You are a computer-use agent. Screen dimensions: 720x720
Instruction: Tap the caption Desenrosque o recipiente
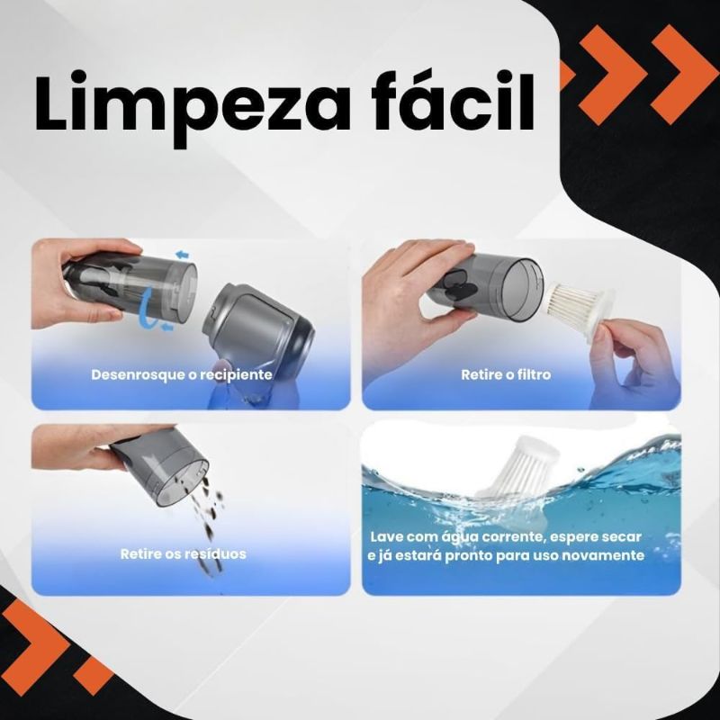[182, 374]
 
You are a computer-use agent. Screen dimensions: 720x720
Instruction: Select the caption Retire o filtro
[506, 374]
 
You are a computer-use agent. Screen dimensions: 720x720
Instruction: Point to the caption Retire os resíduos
[184, 553]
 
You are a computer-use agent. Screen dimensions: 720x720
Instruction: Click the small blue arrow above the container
[183, 254]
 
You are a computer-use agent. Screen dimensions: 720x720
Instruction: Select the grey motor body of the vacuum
[258, 332]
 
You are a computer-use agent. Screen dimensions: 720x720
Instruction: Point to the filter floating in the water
[517, 468]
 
